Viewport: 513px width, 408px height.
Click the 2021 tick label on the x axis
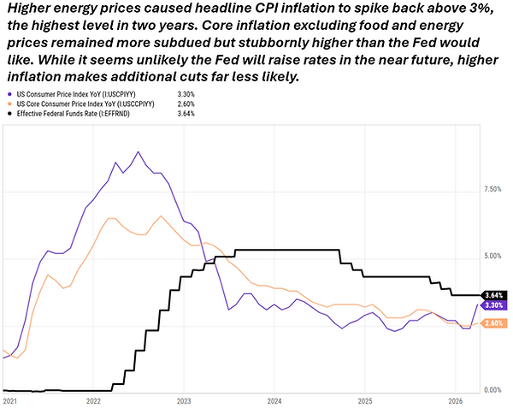[10, 399]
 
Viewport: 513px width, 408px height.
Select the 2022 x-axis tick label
[93, 399]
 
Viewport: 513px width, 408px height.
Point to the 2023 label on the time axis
[184, 399]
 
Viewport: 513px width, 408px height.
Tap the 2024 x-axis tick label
[274, 399]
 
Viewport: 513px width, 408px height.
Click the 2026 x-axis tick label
[456, 399]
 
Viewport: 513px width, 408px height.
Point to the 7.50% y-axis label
[493, 189]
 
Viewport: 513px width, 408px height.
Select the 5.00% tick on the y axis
[493, 257]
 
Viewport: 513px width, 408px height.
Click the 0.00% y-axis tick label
[493, 390]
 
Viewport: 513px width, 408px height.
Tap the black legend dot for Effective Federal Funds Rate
[8, 113]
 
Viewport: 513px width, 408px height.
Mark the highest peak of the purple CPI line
[138, 151]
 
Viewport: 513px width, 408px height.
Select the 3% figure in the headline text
[479, 9]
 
